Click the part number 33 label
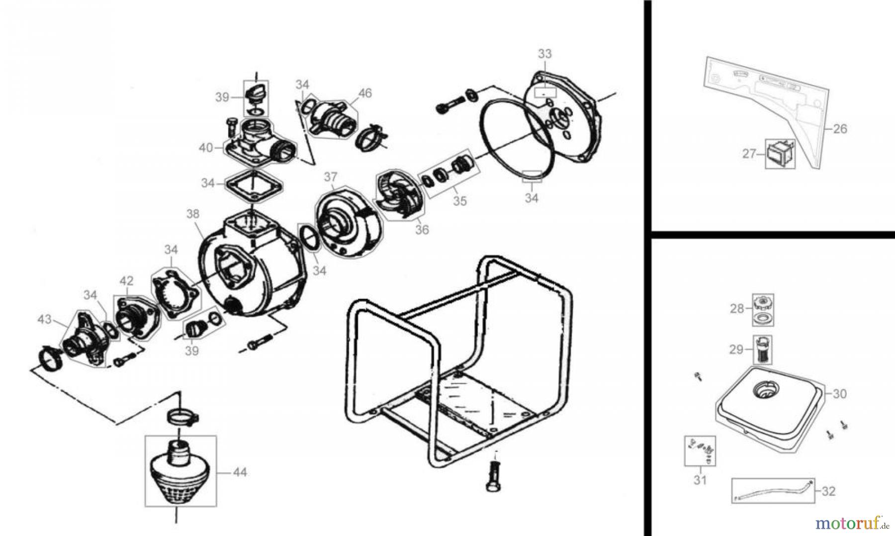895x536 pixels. click(x=545, y=54)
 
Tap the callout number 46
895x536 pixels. click(x=364, y=93)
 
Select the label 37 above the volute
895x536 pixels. click(x=331, y=177)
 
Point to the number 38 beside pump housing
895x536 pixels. click(x=192, y=214)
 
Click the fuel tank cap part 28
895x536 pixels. click(x=763, y=303)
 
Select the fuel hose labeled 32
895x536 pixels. click(x=773, y=490)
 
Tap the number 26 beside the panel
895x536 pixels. click(x=840, y=129)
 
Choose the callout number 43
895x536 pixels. click(x=45, y=319)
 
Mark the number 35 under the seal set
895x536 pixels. click(x=460, y=201)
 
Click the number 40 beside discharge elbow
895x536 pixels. click(x=206, y=148)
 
